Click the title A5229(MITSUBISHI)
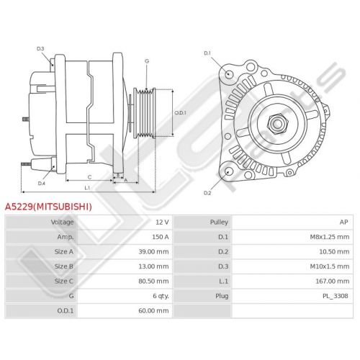pyautogui.click(x=48, y=207)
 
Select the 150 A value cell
pyautogui.click(x=161, y=237)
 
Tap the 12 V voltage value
pyautogui.click(x=162, y=222)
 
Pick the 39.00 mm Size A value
pyautogui.click(x=153, y=252)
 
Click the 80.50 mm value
pyautogui.click(x=153, y=281)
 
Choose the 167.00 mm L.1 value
pyautogui.click(x=333, y=281)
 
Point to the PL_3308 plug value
pyautogui.click(x=336, y=296)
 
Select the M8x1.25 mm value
pyautogui.click(x=330, y=237)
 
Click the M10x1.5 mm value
pyautogui.click(x=330, y=266)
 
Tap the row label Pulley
pyautogui.click(x=219, y=222)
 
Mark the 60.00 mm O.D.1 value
pyautogui.click(x=153, y=310)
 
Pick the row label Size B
pyautogui.click(x=64, y=266)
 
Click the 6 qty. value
pyautogui.click(x=161, y=296)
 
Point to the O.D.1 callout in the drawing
pyautogui.click(x=180, y=112)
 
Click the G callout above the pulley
pyautogui.click(x=147, y=61)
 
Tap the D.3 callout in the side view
pyautogui.click(x=40, y=49)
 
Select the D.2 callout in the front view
pyautogui.click(x=207, y=193)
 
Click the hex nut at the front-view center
pyautogui.click(x=277, y=124)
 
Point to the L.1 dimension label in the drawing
pyautogui.click(x=87, y=188)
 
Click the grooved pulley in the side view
pyautogui.click(x=145, y=113)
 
